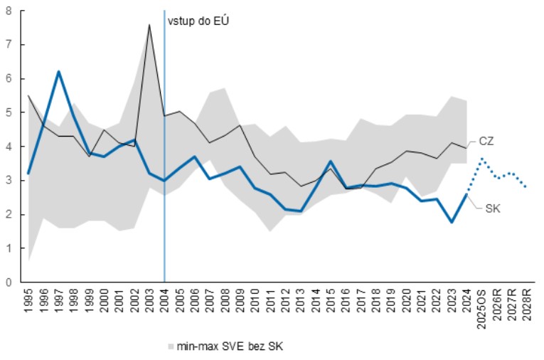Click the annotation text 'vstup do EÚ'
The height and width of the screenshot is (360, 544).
tap(198, 21)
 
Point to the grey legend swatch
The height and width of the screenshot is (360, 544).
tap(171, 346)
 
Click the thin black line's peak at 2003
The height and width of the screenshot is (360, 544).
tap(149, 25)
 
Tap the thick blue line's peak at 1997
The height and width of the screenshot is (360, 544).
tap(58, 71)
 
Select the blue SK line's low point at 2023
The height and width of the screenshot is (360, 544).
tap(451, 222)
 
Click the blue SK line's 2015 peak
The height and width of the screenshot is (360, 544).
tap(330, 162)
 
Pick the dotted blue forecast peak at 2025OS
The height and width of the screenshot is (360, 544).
tap(481, 159)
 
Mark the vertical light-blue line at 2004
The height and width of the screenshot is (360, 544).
tap(164, 178)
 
